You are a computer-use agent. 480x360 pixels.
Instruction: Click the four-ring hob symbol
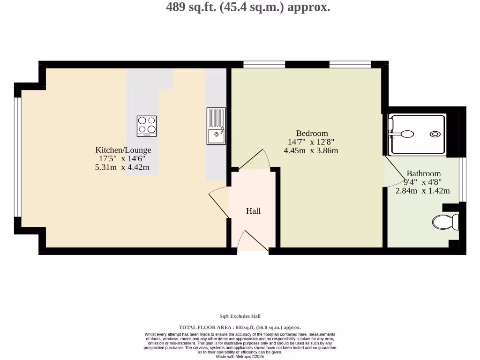click(x=147, y=126)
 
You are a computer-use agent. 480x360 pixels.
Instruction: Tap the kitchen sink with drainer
click(x=216, y=126)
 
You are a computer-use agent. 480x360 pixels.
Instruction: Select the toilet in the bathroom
click(x=445, y=221)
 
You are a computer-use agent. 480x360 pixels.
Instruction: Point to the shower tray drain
click(x=435, y=134)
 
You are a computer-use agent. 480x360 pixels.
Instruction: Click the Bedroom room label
click(x=312, y=133)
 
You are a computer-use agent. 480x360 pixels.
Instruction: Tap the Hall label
click(x=253, y=211)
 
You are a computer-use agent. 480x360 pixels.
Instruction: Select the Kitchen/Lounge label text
click(x=123, y=150)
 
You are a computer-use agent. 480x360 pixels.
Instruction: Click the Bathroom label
click(x=423, y=173)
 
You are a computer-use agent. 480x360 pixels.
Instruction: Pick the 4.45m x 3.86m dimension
click(x=311, y=151)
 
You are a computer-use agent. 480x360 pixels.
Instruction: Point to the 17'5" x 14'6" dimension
click(x=123, y=159)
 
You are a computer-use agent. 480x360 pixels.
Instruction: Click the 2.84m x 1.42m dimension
click(x=422, y=191)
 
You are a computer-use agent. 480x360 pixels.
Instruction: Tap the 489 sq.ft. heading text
click(x=248, y=7)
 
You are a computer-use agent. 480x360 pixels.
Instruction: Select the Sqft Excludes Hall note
click(x=240, y=316)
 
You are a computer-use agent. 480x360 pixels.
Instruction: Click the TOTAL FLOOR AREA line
click(x=240, y=327)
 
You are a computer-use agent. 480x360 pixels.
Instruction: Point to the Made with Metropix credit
click(x=240, y=357)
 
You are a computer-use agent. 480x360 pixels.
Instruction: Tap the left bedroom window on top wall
click(x=264, y=64)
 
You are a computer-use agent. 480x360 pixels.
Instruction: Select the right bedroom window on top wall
click(x=350, y=64)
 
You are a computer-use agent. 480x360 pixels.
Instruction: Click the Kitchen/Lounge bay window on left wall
click(x=18, y=157)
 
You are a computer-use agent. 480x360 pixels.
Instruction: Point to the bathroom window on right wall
click(x=462, y=179)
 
